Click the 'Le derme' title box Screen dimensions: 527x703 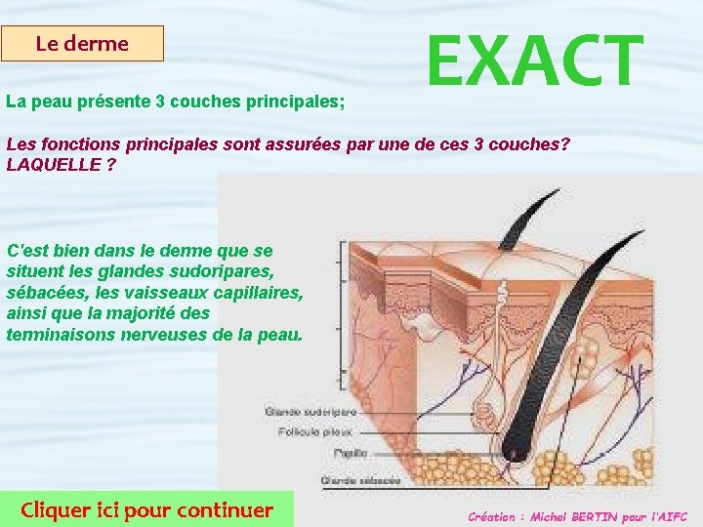pyautogui.click(x=82, y=44)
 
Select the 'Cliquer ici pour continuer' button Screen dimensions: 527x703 pyautogui.click(x=147, y=508)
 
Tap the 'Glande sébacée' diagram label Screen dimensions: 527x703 pyautogui.click(x=360, y=480)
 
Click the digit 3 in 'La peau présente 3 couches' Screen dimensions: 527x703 pyautogui.click(x=161, y=101)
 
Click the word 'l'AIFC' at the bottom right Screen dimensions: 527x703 pyautogui.click(x=669, y=516)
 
